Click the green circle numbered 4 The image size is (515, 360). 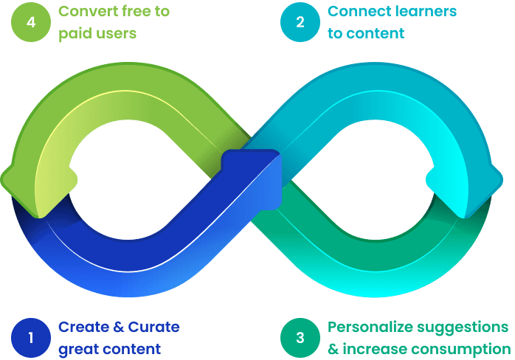[x=30, y=22]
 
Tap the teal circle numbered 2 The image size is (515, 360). [x=300, y=22]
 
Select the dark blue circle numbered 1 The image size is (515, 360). [x=30, y=338]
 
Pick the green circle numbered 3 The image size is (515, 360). [x=300, y=338]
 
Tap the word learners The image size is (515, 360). [x=424, y=12]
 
